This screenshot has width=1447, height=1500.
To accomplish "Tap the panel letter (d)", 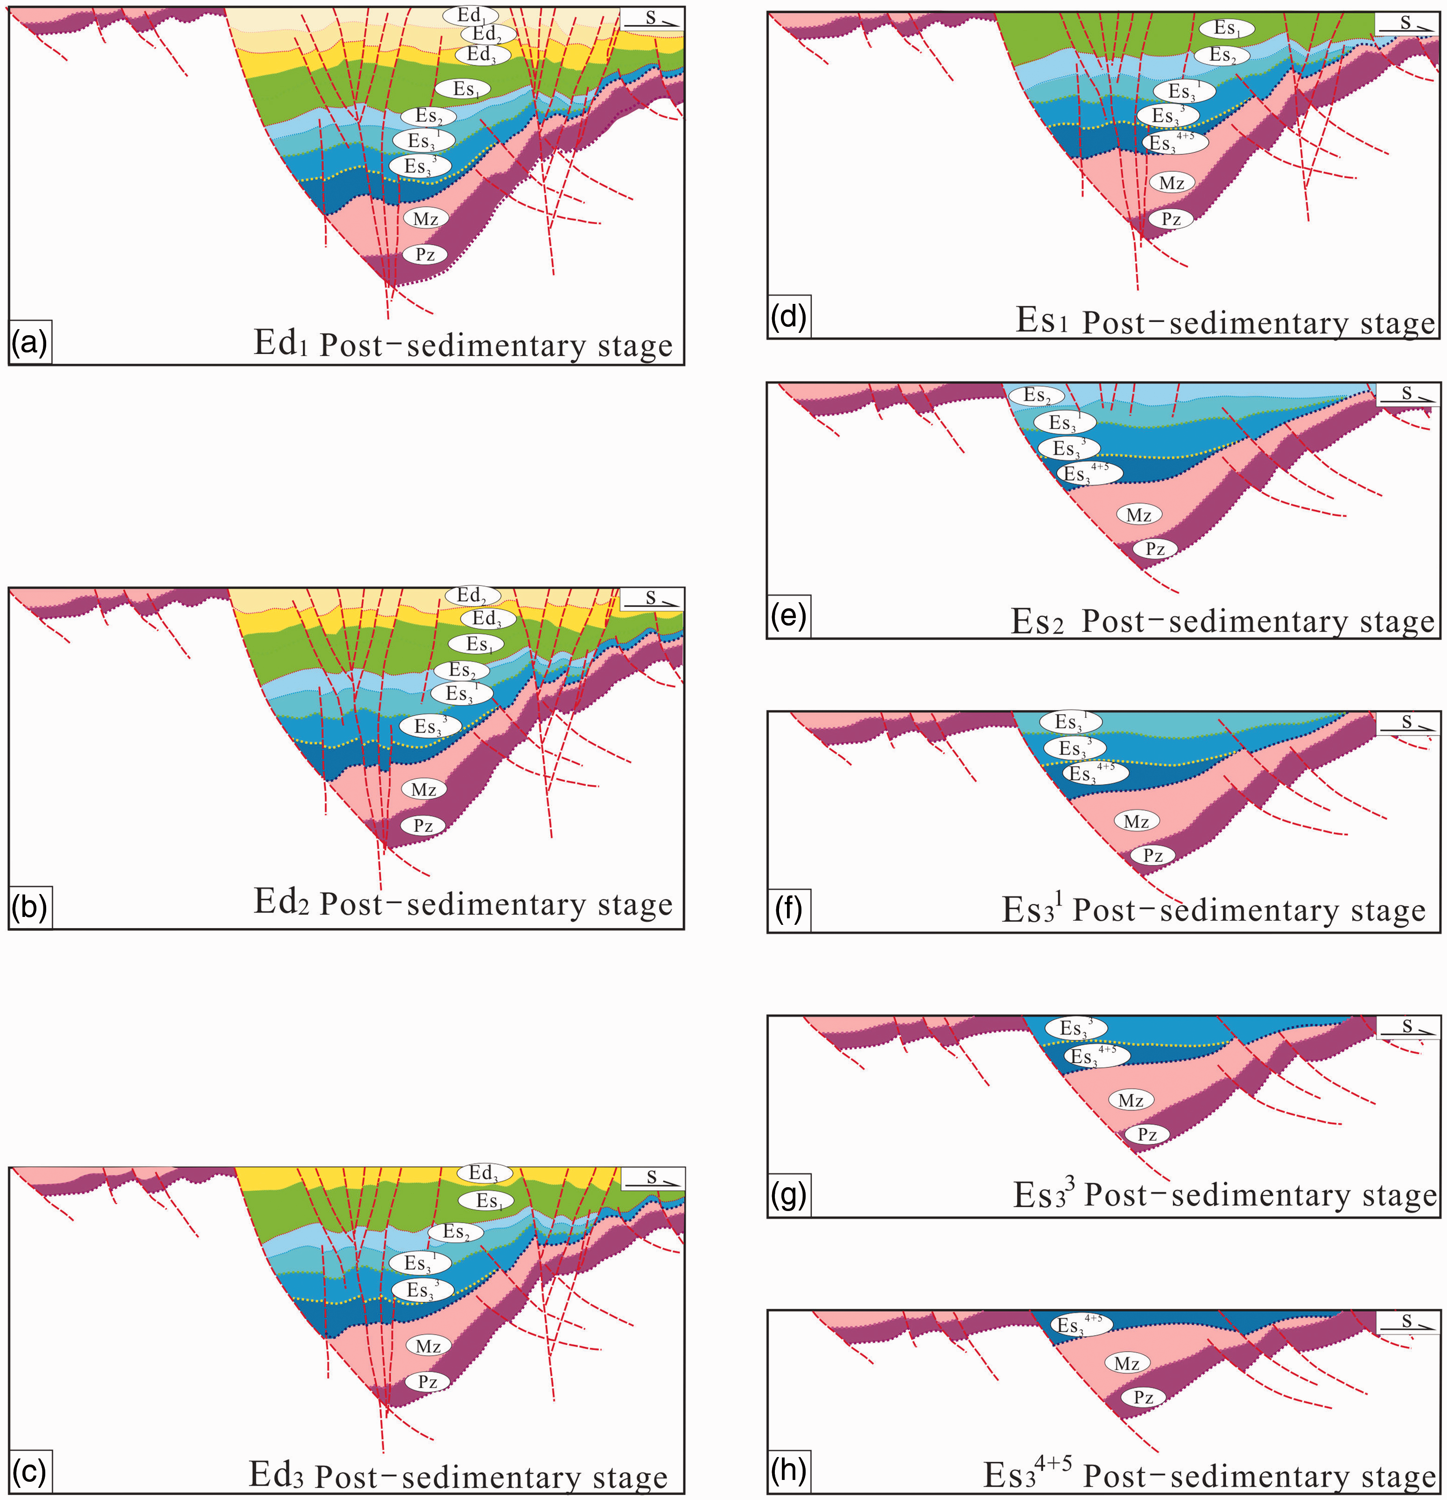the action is click(x=789, y=317).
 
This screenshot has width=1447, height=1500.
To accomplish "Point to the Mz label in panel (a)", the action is click(x=425, y=219).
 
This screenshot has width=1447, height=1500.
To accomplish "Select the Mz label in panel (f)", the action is click(x=1136, y=821).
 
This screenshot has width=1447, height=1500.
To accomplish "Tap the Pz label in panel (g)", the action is click(x=1147, y=1134).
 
